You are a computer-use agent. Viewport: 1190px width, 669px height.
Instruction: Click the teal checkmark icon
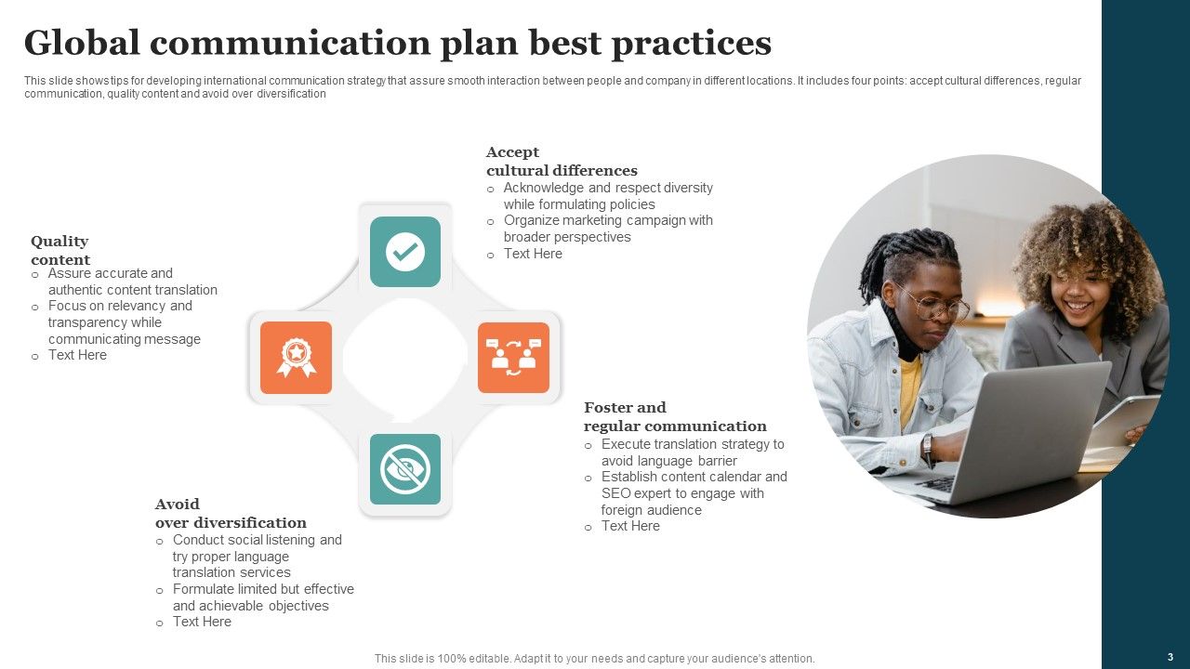click(405, 251)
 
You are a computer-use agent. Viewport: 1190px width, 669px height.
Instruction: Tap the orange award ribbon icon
click(296, 358)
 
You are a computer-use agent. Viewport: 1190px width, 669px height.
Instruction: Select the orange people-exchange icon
click(513, 358)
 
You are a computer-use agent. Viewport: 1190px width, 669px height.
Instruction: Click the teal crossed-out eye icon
click(405, 469)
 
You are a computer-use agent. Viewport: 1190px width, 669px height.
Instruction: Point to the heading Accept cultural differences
click(562, 162)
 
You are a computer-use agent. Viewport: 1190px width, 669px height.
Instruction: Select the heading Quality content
click(60, 251)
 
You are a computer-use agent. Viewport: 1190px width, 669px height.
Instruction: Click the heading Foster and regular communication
click(675, 417)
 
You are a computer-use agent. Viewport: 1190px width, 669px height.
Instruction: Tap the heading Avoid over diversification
click(231, 514)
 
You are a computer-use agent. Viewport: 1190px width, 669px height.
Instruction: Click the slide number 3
click(1170, 657)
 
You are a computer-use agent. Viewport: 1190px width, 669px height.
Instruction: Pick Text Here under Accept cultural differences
click(533, 254)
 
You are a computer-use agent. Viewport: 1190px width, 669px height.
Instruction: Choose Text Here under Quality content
click(77, 355)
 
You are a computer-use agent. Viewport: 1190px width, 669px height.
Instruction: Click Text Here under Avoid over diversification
click(202, 622)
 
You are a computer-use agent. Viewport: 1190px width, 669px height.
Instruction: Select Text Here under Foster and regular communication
click(630, 526)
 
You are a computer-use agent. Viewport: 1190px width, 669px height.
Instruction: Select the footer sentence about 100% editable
click(594, 659)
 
